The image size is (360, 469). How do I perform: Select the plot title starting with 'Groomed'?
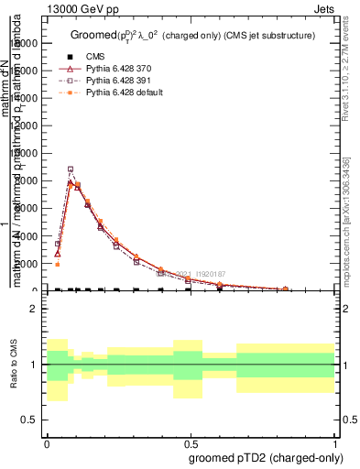[192, 36]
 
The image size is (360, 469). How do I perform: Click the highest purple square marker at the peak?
[71, 169]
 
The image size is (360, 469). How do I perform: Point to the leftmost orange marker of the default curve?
[57, 265]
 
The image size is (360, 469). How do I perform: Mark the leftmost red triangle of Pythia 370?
[57, 254]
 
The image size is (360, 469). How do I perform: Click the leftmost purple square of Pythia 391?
[57, 245]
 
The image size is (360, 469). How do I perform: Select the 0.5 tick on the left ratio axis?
[27, 420]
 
